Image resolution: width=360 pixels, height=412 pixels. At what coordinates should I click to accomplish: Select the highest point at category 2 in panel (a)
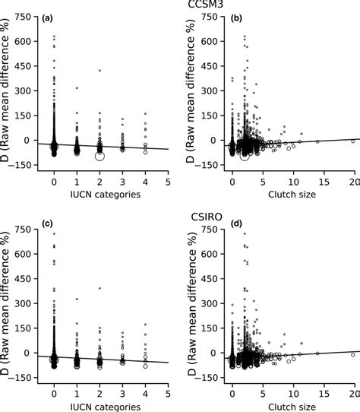pyautogui.click(x=99, y=71)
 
